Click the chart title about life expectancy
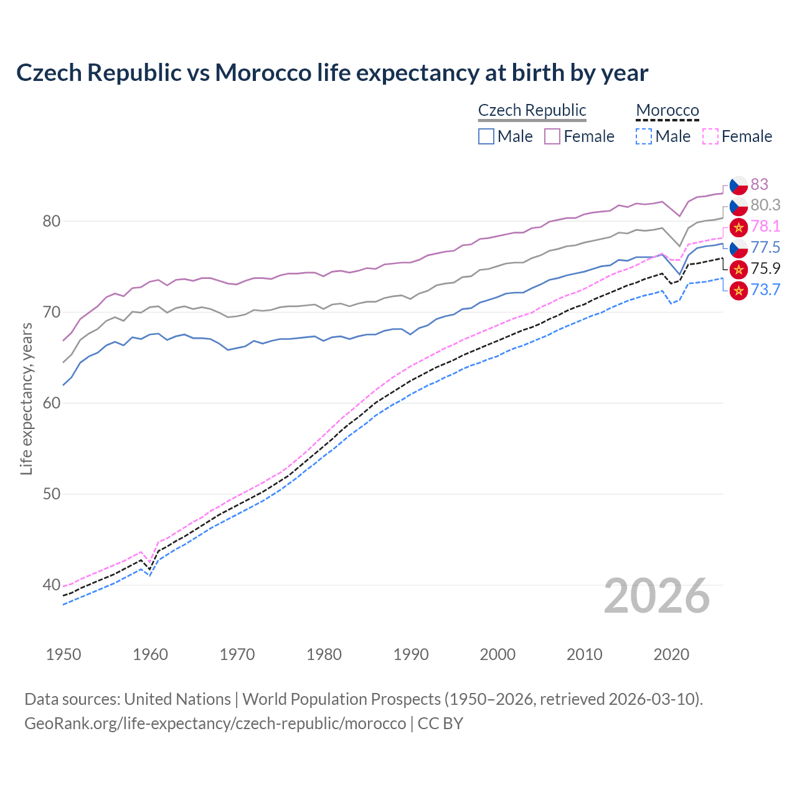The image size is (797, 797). tap(332, 73)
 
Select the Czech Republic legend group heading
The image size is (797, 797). tap(532, 110)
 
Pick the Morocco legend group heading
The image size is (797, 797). tap(667, 110)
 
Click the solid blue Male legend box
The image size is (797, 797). tap(486, 136)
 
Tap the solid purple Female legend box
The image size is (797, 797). tap(552, 136)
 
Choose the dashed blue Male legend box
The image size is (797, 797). tap(644, 136)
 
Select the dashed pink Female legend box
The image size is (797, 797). tap(710, 136)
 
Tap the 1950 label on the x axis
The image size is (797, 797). tap(64, 654)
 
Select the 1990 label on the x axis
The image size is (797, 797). tap(411, 654)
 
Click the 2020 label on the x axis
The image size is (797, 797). tap(671, 654)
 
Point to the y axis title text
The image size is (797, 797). tap(26, 398)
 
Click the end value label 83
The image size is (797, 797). tap(759, 184)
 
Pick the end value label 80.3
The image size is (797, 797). tap(765, 205)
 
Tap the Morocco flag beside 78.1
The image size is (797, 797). tap(738, 227)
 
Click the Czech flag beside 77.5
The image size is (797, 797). tap(738, 248)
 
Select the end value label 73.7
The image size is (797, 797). tap(765, 290)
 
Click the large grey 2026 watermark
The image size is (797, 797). tap(656, 596)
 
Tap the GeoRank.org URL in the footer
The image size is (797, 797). tap(215, 724)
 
